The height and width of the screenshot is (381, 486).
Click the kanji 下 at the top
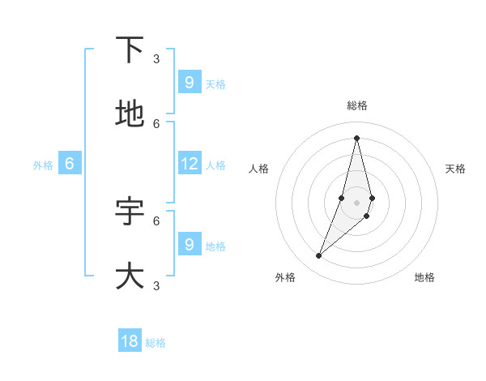pos(130,50)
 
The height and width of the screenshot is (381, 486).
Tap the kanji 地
pos(130,114)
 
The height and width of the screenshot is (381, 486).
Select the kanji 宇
pos(130,211)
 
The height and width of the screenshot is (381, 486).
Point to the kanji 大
pos(130,276)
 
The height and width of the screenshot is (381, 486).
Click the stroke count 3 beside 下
pos(156,58)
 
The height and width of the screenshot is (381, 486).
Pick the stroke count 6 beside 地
pos(156,123)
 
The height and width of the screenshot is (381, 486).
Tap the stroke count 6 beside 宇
pos(156,220)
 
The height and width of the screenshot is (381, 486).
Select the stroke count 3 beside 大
pos(156,285)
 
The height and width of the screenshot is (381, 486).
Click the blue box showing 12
pos(190,164)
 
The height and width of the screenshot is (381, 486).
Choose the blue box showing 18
pos(130,341)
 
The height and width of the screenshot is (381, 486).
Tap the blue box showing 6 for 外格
pos(70,164)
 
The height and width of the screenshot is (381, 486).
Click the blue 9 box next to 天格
pos(190,82)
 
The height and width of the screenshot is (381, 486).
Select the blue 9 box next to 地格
pos(190,244)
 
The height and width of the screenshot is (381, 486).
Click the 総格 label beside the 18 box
pos(156,343)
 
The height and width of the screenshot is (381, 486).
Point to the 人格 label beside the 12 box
pos(215,165)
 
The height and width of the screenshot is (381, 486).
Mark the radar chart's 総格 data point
pos(356,138)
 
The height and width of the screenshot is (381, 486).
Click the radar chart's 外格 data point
pos(319,256)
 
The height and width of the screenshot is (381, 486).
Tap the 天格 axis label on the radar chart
pos(455,169)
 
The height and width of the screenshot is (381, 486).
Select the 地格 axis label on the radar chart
pos(424,277)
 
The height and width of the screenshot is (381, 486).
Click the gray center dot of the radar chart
pos(356,202)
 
